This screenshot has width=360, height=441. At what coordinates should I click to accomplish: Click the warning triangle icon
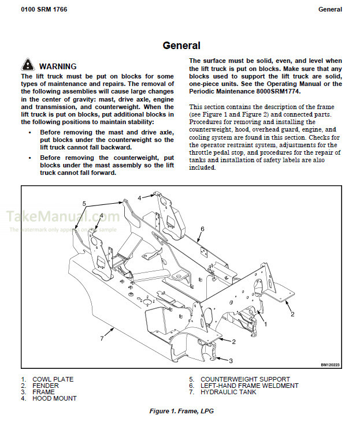coord(28,65)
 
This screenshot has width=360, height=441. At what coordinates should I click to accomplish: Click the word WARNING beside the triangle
coord(58,66)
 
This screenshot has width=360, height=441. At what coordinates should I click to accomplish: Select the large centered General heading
coord(181,46)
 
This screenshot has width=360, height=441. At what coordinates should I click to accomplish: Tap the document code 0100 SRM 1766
coord(43,9)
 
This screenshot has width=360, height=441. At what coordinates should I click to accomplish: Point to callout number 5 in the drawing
coord(84,203)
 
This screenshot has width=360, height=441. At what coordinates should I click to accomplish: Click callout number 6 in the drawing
coord(203,229)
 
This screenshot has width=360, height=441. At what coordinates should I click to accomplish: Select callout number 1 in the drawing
coord(265,324)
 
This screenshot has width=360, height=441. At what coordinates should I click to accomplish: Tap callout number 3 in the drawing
coord(231,361)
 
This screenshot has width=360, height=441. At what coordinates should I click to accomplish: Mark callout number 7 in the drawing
coord(102,338)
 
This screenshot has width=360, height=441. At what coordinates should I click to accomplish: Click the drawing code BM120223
coord(331,365)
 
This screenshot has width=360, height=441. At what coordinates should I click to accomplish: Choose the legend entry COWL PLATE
coord(53,379)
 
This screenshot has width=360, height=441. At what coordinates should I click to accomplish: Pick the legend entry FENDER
coord(46,386)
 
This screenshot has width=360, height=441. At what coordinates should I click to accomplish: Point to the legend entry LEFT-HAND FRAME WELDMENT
coord(249,386)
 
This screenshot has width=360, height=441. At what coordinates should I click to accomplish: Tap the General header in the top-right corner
coord(330,9)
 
